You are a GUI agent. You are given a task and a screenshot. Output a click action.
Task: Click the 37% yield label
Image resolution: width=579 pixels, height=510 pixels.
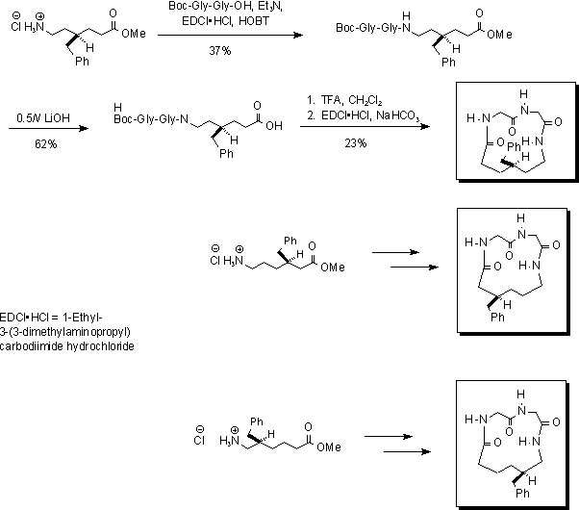(220, 50)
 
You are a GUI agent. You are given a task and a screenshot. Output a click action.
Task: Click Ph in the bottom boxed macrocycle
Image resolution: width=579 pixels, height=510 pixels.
(523, 491)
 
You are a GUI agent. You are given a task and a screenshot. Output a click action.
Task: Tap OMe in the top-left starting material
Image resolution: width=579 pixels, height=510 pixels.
(135, 32)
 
